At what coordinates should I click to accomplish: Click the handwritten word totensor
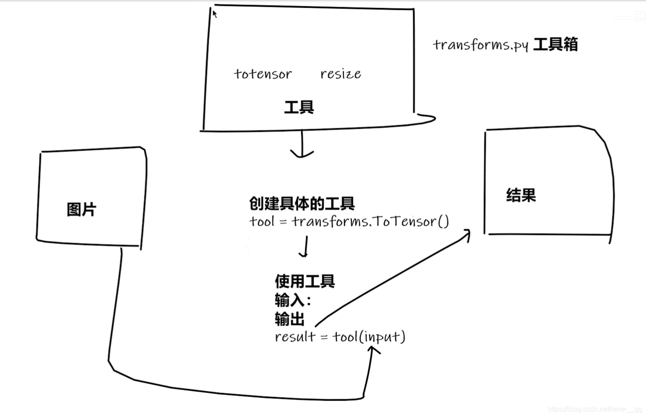tap(263, 74)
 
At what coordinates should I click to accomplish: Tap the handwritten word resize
tap(340, 74)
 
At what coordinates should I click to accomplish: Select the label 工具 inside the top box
tap(299, 107)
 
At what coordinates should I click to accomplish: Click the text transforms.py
tap(480, 45)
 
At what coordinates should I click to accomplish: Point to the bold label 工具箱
tap(556, 45)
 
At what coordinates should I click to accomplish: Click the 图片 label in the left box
tap(82, 209)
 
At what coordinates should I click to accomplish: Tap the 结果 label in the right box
tap(521, 195)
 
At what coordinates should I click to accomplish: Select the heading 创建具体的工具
tap(302, 203)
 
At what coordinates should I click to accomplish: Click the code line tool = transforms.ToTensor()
tap(349, 222)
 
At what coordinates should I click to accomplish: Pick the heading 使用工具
tap(305, 281)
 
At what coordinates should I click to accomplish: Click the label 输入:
tap(293, 300)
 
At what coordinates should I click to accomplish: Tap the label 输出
tap(289, 319)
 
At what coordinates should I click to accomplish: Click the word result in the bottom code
tap(295, 337)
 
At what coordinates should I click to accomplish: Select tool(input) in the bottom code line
tap(369, 337)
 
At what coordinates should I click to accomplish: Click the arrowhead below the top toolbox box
tap(302, 154)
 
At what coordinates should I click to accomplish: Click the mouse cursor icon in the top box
tap(214, 14)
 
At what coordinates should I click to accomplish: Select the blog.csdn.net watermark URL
tap(595, 409)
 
